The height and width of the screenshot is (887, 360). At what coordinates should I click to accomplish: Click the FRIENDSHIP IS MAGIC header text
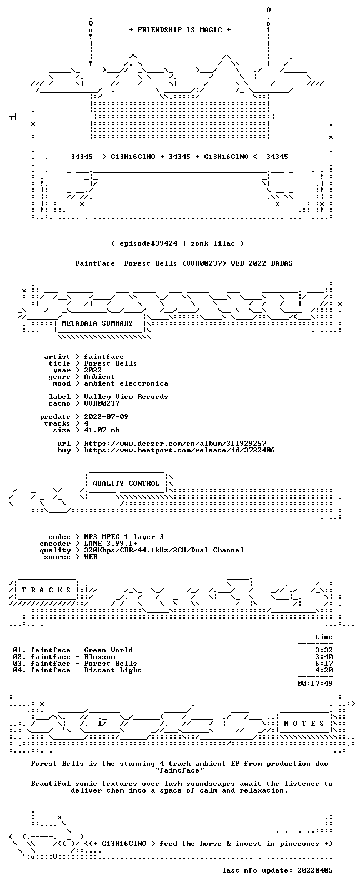(x=180, y=30)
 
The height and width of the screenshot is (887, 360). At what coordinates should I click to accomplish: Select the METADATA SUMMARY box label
(x=97, y=323)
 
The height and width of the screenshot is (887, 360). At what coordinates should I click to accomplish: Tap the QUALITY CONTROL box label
(x=126, y=484)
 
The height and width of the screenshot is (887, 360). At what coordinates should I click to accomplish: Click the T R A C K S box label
(x=46, y=590)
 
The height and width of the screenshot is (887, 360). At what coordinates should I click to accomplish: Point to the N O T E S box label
(x=304, y=724)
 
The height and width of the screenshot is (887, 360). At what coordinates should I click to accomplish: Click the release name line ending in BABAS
(x=184, y=263)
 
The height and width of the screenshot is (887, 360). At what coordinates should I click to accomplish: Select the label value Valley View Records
(x=126, y=397)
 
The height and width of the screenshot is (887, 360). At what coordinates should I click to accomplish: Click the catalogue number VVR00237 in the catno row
(x=102, y=403)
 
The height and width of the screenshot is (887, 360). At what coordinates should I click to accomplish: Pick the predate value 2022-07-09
(x=106, y=417)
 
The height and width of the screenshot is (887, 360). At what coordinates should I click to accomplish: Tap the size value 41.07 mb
(x=102, y=430)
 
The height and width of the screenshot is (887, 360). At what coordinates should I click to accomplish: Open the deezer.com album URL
(x=175, y=443)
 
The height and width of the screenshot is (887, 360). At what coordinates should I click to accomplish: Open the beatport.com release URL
(x=179, y=450)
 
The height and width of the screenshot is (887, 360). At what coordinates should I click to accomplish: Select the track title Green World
(x=108, y=650)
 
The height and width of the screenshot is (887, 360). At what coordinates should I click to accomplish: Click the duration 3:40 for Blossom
(x=324, y=657)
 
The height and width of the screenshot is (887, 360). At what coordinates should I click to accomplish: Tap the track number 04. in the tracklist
(x=19, y=670)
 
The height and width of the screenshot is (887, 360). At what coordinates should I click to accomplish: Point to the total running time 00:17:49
(x=315, y=684)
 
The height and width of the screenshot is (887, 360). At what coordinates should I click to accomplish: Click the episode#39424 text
(x=148, y=243)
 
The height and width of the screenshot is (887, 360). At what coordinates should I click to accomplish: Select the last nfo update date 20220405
(x=315, y=870)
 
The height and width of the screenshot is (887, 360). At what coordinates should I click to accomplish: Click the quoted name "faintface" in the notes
(x=180, y=770)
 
